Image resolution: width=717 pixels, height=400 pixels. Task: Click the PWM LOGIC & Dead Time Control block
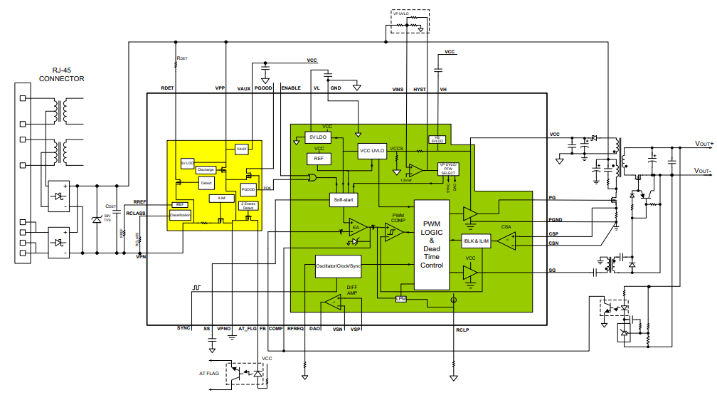point(432,243)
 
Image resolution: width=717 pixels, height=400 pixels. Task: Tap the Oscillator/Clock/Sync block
point(339,266)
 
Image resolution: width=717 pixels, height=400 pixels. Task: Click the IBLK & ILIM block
point(477,242)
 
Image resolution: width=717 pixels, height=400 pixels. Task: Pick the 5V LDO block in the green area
point(318,137)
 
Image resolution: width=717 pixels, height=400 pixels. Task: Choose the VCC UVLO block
point(371,151)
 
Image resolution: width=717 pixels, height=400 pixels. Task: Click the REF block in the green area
point(319,159)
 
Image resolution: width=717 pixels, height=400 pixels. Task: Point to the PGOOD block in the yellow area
point(248,190)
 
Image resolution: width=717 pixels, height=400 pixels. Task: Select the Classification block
point(179,214)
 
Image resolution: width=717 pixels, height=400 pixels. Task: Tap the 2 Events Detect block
point(248,206)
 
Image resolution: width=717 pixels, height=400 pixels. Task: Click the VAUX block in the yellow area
point(241,149)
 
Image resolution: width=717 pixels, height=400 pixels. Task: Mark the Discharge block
point(206,169)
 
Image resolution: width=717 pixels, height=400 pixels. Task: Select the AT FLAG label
point(208,373)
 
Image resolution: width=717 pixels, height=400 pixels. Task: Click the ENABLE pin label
point(291,88)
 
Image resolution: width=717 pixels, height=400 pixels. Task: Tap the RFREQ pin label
point(295,329)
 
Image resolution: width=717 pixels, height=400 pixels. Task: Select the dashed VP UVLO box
point(410,22)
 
